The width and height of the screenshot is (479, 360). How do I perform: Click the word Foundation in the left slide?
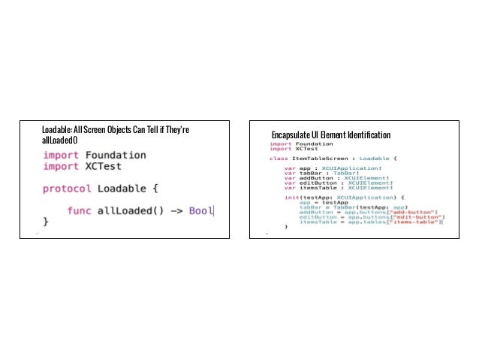click(114, 156)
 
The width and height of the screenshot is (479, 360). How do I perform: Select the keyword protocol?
click(67, 188)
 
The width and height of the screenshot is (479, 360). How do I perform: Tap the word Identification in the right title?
click(366, 135)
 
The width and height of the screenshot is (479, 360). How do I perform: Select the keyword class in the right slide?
click(279, 159)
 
